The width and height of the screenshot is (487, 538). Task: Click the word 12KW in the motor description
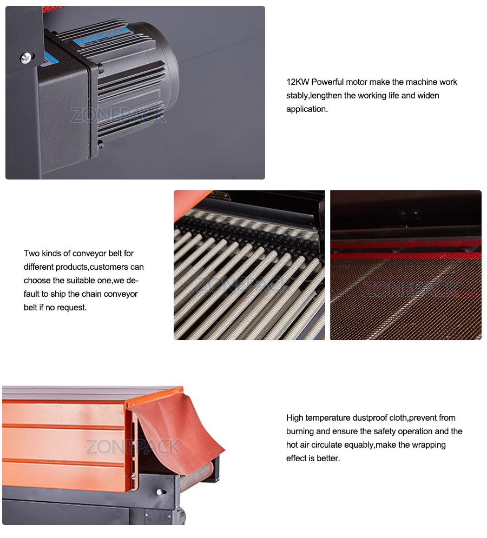297,82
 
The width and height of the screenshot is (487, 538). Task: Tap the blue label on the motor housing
103,36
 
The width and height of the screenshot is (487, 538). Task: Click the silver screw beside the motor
25,57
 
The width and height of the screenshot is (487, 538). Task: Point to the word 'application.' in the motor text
307,109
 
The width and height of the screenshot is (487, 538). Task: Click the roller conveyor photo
249,265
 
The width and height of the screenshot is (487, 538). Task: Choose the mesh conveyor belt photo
406,265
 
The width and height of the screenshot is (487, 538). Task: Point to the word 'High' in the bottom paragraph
295,418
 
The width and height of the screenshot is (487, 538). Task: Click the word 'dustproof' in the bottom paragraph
380,418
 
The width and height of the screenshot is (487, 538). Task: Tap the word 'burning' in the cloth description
300,431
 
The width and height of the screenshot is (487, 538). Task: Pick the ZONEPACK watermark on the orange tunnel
133,447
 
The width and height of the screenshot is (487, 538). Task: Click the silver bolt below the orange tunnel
160,491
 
